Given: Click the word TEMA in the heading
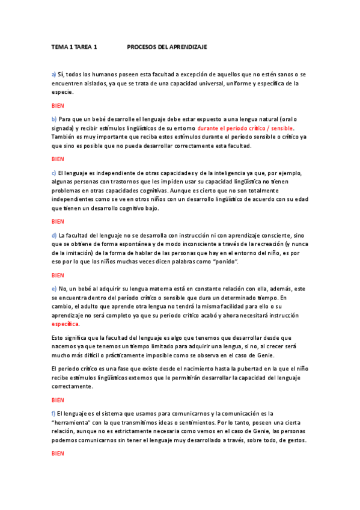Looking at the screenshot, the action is pos(59,46).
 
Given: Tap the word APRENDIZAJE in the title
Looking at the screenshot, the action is pos(188,46).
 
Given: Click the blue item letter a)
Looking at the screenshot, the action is pos(53,74).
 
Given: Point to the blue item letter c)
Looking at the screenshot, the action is pos(53,173).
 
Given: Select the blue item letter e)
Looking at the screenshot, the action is pos(53,289).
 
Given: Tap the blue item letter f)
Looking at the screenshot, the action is pos(53,414).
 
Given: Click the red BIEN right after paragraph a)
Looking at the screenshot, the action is pos(58,105).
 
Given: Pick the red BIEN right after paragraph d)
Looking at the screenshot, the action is pos(58,275).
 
